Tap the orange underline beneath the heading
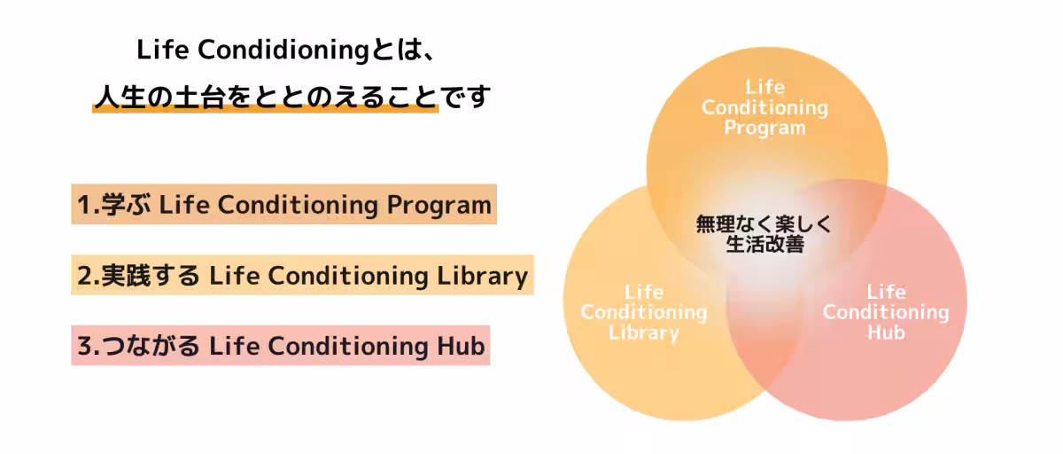(x=266, y=110)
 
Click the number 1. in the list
(x=87, y=205)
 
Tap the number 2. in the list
(x=88, y=276)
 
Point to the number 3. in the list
(x=88, y=346)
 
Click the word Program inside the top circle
(x=765, y=128)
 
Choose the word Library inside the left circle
(x=644, y=333)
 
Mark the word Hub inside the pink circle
(x=886, y=333)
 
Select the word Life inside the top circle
(x=765, y=87)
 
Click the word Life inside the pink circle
(x=886, y=292)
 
